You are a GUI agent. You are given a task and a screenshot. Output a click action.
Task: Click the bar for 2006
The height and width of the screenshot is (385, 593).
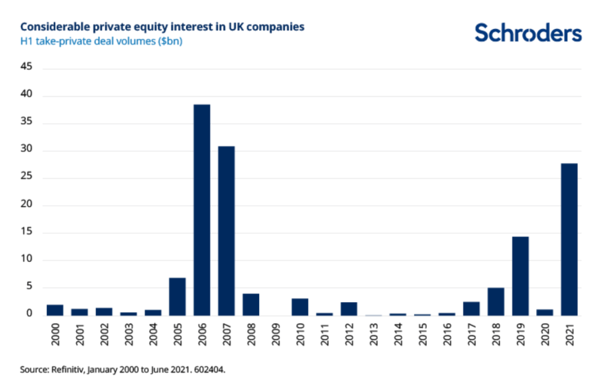click(202, 210)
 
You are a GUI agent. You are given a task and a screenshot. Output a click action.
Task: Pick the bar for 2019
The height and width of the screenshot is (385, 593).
click(520, 276)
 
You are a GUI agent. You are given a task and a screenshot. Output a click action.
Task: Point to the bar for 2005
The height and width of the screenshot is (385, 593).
click(177, 296)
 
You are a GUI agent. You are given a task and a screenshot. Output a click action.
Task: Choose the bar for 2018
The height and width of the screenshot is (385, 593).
click(495, 301)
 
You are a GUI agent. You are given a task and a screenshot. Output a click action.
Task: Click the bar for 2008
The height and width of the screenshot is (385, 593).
click(250, 305)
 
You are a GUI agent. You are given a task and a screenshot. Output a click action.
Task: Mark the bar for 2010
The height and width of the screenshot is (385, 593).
click(299, 307)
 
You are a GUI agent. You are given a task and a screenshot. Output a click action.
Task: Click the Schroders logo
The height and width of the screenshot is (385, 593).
click(528, 33)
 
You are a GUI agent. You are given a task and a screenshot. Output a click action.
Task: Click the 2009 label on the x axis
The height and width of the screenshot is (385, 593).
click(276, 335)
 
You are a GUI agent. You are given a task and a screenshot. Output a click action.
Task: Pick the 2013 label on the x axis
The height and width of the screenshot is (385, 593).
click(373, 335)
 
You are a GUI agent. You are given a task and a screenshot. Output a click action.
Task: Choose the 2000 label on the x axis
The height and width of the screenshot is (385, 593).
click(56, 335)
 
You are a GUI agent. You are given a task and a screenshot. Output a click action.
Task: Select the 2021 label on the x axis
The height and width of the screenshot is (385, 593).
click(570, 335)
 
